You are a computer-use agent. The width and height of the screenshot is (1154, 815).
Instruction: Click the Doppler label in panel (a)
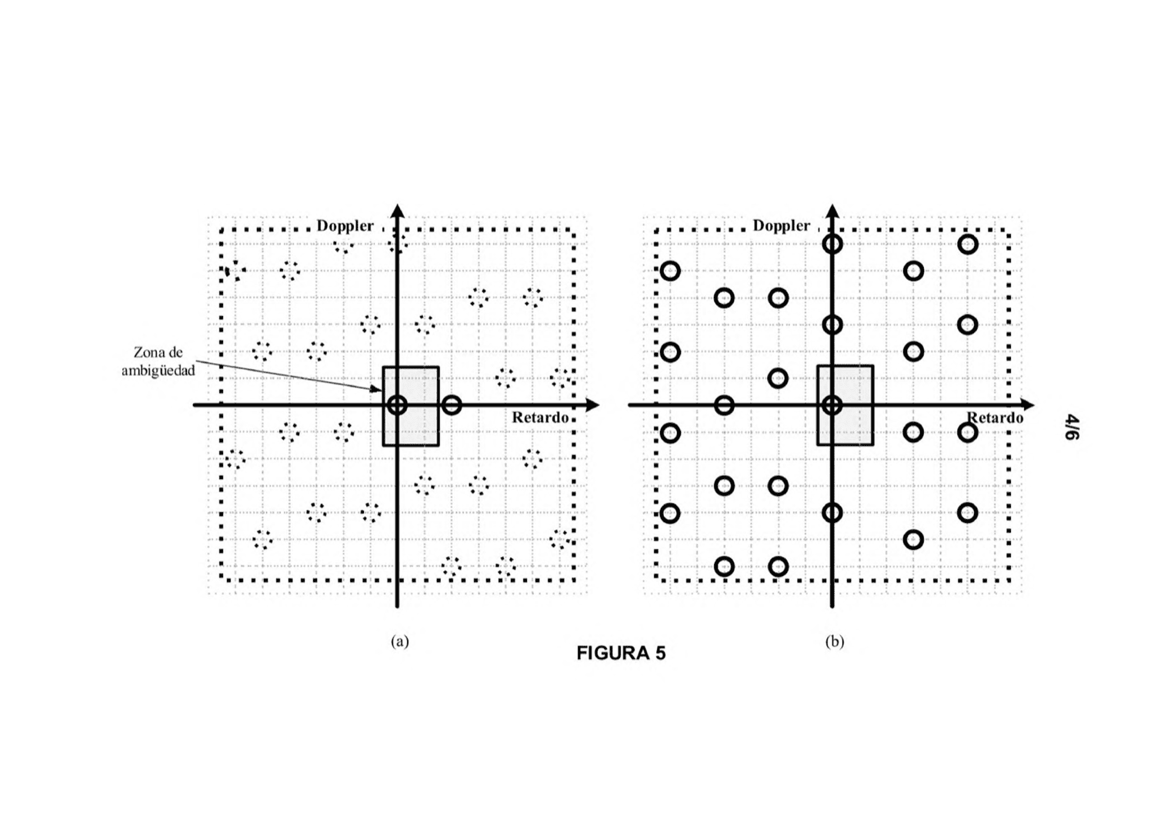pyautogui.click(x=345, y=226)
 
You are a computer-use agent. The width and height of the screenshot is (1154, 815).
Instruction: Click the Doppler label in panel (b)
pyautogui.click(x=781, y=225)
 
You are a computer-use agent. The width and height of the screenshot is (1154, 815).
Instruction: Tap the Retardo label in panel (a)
pyautogui.click(x=540, y=417)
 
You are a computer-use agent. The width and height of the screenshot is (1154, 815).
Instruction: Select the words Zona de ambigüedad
pyautogui.click(x=158, y=361)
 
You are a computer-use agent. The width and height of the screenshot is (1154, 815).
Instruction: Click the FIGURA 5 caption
pyautogui.click(x=621, y=654)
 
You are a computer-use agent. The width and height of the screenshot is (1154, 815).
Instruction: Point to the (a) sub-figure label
pyautogui.click(x=400, y=641)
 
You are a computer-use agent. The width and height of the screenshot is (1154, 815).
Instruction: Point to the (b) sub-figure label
pyautogui.click(x=835, y=641)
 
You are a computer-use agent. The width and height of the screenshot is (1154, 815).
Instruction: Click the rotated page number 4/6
pyautogui.click(x=1072, y=427)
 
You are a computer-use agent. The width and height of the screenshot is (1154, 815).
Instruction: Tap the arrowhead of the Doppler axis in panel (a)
pyautogui.click(x=397, y=211)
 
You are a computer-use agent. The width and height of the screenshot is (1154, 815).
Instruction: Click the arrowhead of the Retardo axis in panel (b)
pyautogui.click(x=1027, y=405)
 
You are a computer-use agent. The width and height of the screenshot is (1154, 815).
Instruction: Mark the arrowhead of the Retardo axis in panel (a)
pyautogui.click(x=592, y=405)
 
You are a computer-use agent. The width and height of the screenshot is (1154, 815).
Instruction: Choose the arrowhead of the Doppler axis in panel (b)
pyautogui.click(x=832, y=211)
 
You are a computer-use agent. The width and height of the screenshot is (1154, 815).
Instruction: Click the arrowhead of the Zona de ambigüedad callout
pyautogui.click(x=378, y=389)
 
